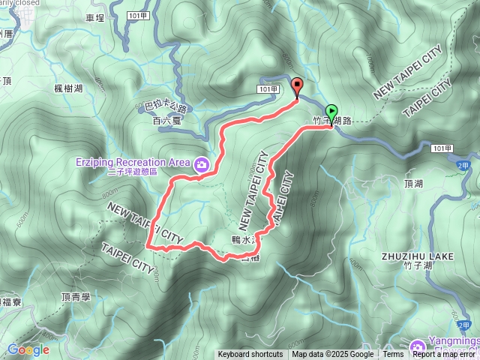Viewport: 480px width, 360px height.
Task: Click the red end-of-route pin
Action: [296, 87]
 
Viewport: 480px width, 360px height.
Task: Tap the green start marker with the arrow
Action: [332, 112]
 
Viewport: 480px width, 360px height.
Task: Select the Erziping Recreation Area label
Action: [133, 161]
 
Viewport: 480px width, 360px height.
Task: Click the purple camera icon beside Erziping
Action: [201, 164]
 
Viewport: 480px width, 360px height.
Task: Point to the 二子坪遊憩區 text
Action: [133, 171]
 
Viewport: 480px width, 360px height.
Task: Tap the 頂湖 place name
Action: [413, 183]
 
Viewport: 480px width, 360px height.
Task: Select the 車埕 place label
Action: [95, 17]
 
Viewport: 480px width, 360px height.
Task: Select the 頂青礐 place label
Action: [76, 297]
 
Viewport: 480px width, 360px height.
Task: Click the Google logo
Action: [28, 349]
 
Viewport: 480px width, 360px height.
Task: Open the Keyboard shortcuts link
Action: [250, 355]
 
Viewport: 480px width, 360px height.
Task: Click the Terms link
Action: [393, 355]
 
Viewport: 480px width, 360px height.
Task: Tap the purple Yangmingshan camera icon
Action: [417, 345]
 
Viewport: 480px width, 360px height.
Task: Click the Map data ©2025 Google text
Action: [333, 355]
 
